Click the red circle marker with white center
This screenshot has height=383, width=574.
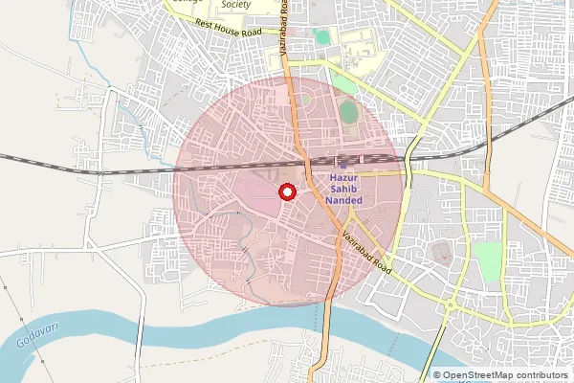pyautogui.click(x=286, y=191)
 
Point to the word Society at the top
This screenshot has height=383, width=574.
pyautogui.click(x=236, y=5)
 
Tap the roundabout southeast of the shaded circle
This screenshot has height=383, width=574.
pyautogui.click(x=450, y=306)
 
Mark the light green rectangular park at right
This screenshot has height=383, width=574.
pyautogui.click(x=488, y=260)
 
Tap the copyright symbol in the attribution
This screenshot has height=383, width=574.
pyautogui.click(x=437, y=375)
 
